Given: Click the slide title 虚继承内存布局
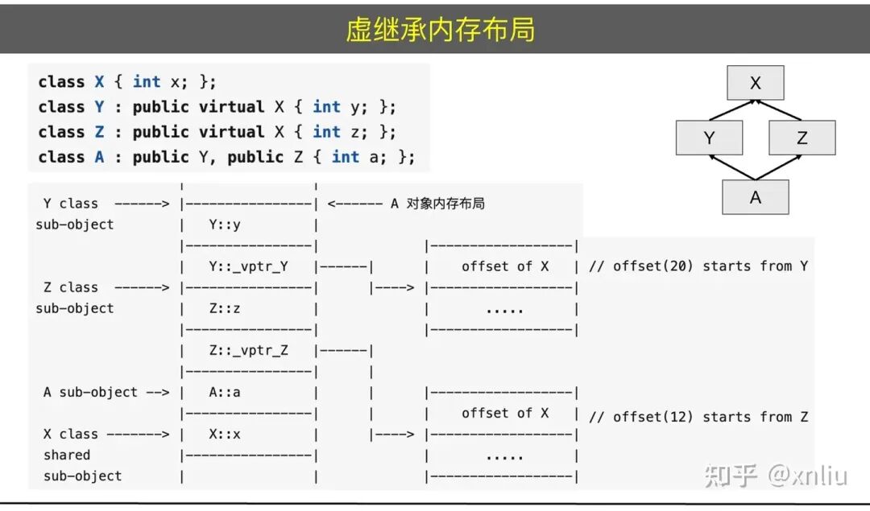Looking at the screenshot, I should (x=440, y=30).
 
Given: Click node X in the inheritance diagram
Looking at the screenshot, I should (x=755, y=83).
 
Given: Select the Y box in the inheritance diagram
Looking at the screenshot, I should (x=709, y=138).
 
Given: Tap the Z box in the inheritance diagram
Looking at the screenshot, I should (x=802, y=138).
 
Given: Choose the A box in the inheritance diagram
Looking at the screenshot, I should (x=755, y=197).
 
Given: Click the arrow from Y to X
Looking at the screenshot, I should (x=730, y=110).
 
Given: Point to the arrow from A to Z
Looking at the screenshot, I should (x=778, y=167).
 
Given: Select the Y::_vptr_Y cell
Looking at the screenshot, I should (x=248, y=266).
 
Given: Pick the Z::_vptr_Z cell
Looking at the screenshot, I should (x=248, y=350).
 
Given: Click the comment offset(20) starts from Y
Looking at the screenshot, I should (x=698, y=266).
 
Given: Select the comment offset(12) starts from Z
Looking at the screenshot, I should (x=698, y=417).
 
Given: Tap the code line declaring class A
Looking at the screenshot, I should (x=226, y=157).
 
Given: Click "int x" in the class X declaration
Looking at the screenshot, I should (x=157, y=82).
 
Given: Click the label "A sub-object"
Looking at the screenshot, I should (x=90, y=392).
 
